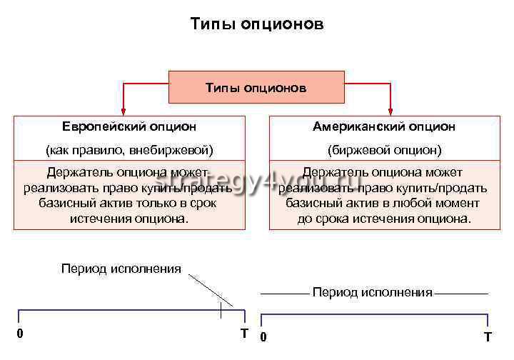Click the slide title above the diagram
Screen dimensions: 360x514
tap(257, 25)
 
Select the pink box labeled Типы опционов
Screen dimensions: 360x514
tap(256, 88)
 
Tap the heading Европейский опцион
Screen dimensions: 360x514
tap(129, 126)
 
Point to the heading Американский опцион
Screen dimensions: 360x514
tap(384, 126)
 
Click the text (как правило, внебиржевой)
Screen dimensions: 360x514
tap(129, 150)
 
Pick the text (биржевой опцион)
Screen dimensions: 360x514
tap(384, 150)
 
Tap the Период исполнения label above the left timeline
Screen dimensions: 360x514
tap(121, 269)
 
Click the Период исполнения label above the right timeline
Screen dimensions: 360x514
tap(373, 292)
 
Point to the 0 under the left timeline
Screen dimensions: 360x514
tap(20, 334)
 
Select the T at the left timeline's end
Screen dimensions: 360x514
tap(244, 334)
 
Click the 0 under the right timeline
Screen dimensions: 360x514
tap(263, 336)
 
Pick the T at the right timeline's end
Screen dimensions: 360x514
tap(488, 336)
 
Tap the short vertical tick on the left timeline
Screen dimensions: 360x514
tap(221, 311)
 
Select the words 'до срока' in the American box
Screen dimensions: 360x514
tap(321, 219)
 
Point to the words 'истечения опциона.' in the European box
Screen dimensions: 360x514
tap(129, 219)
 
